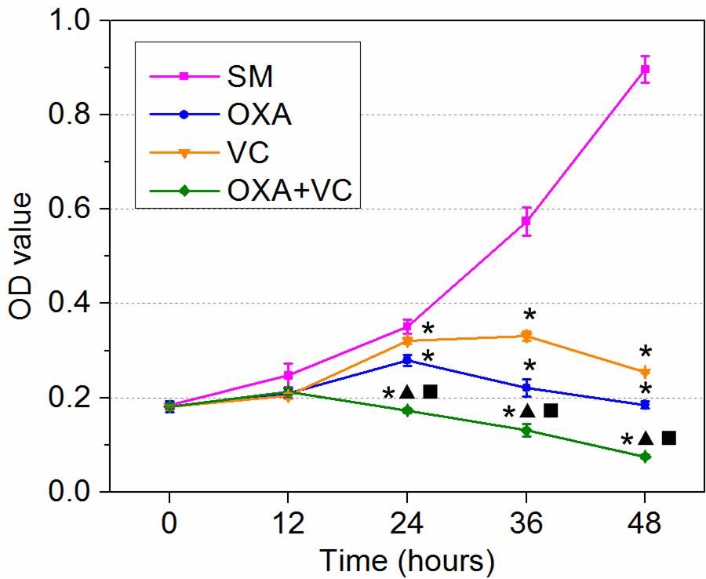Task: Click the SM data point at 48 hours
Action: coord(645,69)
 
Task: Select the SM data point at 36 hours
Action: coord(526,221)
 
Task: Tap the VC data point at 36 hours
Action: coord(526,336)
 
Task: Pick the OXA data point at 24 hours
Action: coord(407,360)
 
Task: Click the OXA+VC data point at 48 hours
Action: coord(645,457)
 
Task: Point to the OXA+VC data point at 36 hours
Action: coord(526,430)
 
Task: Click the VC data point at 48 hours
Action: coord(645,372)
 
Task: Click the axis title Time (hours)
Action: coord(406,559)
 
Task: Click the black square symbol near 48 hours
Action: coord(668,438)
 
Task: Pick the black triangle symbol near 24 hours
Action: coord(407,391)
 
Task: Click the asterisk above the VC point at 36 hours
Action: coord(529,315)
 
